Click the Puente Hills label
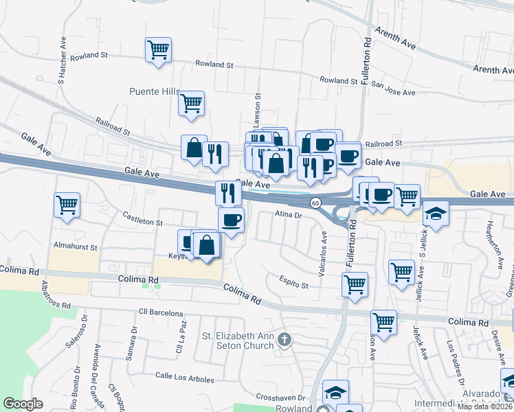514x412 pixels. pos(155,91)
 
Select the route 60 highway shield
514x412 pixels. pos(315,203)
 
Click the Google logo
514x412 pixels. pos(23,403)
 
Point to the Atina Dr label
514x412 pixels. pos(289,215)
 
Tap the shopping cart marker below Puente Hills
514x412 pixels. pos(191,104)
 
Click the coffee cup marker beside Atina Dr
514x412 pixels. pos(231,220)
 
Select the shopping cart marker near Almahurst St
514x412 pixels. pos(67,205)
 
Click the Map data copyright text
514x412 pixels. pos(485,407)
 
